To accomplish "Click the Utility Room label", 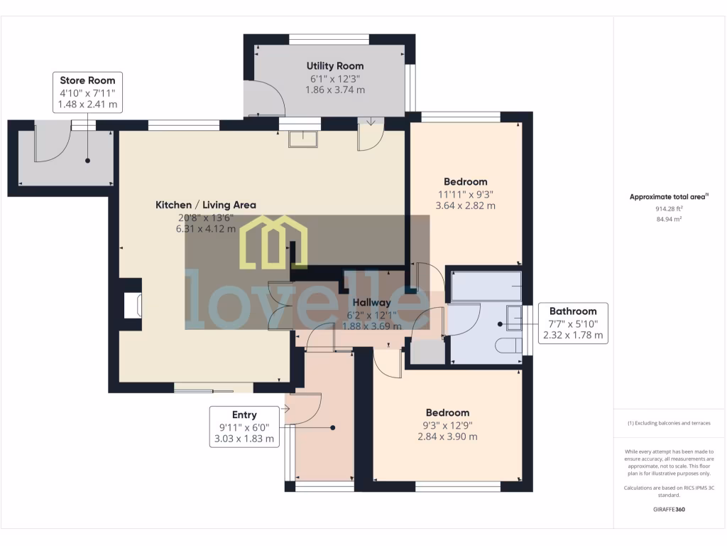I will point(335,65).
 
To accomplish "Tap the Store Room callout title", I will point(87,80).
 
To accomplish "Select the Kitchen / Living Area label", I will point(206,205).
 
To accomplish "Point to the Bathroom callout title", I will point(573,311).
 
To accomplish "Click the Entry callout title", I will point(244,414).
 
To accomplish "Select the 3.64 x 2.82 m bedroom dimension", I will point(466,205).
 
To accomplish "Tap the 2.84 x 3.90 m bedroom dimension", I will point(447,436).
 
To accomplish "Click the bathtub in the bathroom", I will point(486,286).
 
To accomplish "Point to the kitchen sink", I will point(303,139).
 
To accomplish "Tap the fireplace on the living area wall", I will point(132,306).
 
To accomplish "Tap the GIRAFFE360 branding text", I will point(669,509).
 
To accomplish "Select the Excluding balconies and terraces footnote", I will point(669,423).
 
